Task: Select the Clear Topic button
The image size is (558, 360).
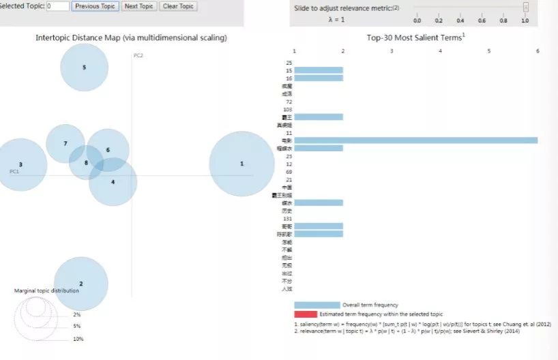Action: coord(177,6)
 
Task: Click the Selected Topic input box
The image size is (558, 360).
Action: coord(59,6)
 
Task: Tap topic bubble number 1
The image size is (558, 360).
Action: coord(241,164)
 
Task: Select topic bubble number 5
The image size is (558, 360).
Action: coord(84,67)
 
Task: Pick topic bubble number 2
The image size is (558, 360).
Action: coord(81,284)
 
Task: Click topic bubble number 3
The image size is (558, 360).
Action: coord(21,165)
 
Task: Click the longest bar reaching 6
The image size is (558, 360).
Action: coord(416,140)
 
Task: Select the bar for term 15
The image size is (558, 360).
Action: coord(319,70)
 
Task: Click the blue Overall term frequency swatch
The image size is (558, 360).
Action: coord(317,305)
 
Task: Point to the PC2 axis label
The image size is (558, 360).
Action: coord(138,55)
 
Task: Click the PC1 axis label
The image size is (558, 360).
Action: coord(14,171)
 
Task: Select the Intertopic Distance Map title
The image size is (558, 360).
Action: coord(131,37)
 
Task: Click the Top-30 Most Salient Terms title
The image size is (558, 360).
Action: coord(415,37)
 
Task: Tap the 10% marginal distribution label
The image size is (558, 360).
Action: coord(78,339)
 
